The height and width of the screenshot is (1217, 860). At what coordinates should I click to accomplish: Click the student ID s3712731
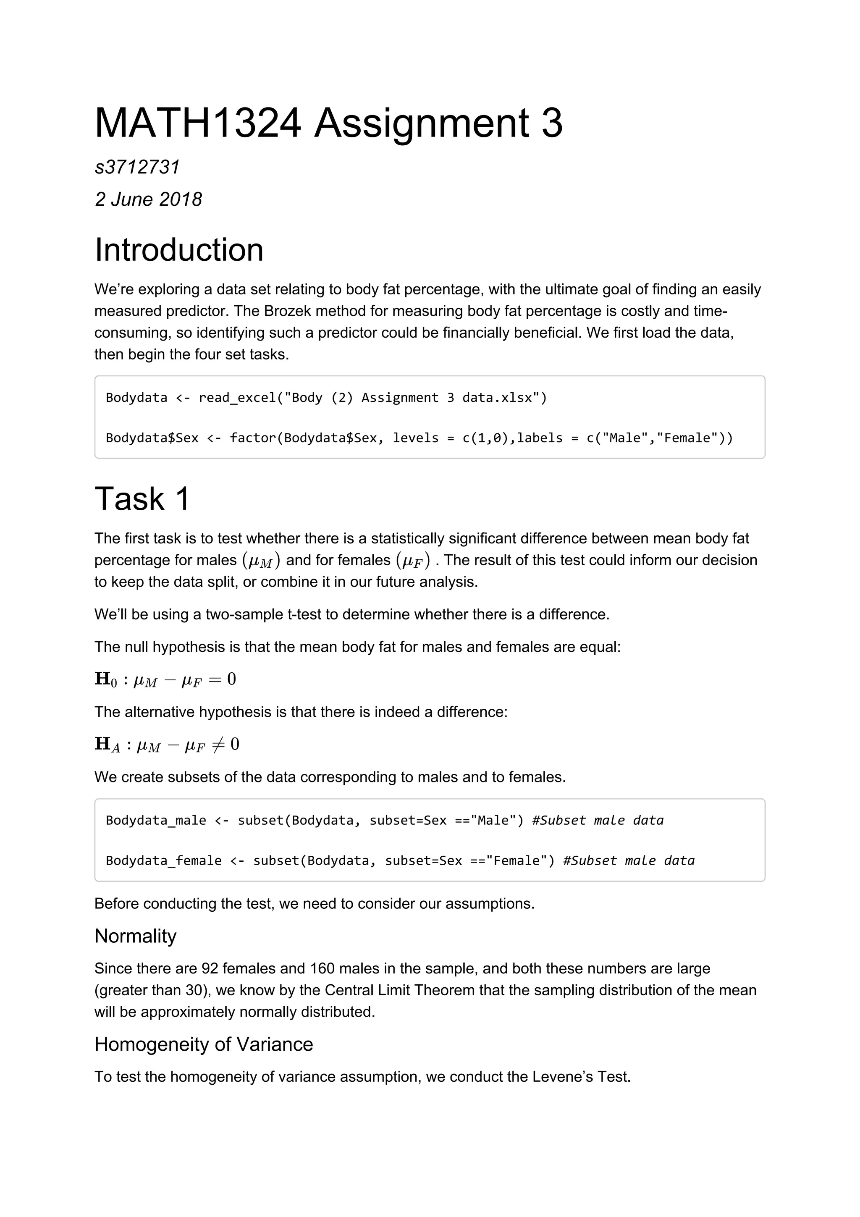tap(137, 167)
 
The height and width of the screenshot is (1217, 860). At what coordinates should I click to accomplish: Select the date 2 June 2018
tap(148, 199)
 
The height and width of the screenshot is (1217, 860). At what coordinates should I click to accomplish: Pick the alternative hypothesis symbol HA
tap(107, 744)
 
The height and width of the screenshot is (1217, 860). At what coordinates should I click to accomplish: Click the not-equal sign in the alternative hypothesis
tap(217, 744)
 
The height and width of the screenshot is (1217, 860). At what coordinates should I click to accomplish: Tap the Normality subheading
tap(135, 936)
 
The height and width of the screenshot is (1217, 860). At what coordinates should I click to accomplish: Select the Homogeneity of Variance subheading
tap(204, 1045)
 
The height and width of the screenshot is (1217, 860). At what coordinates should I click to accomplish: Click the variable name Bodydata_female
tap(164, 860)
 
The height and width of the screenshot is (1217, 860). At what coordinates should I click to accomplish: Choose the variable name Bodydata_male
tap(156, 820)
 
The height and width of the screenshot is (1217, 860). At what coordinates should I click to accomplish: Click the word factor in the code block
tap(253, 438)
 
